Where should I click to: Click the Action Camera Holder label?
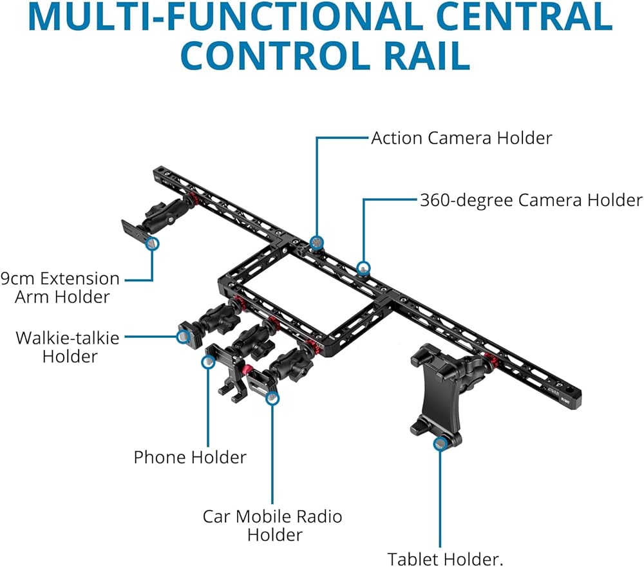tap(461, 138)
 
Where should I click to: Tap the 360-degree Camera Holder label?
tap(531, 200)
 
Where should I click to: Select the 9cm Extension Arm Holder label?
tap(61, 288)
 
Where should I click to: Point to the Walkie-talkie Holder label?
tap(68, 346)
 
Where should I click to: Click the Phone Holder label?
tap(190, 458)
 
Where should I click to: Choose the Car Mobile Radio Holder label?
tap(272, 525)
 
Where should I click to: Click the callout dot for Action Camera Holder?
tap(316, 242)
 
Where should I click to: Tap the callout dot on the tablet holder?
tap(440, 443)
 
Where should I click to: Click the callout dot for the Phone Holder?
tap(207, 362)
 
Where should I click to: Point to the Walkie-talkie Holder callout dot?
tap(183, 335)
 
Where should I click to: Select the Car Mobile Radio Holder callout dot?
tap(272, 398)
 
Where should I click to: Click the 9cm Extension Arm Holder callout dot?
tap(152, 243)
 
